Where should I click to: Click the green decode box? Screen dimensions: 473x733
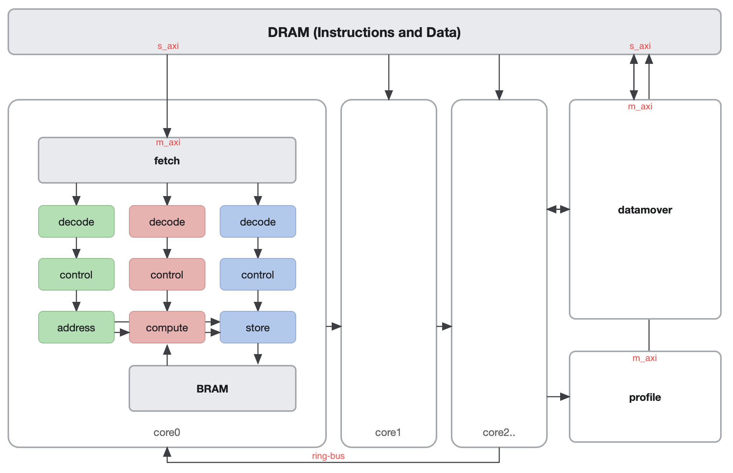coord(76,222)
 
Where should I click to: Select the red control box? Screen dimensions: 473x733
coord(167,275)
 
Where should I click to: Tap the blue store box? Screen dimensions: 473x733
coord(258,328)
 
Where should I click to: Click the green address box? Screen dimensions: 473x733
coord(76,328)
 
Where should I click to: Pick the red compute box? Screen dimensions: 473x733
coord(167,328)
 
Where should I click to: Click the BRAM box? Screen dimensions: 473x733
coord(212,389)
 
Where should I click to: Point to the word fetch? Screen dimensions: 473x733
coord(167,161)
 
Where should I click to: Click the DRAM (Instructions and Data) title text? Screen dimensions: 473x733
coord(364,32)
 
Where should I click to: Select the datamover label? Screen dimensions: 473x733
coord(645,210)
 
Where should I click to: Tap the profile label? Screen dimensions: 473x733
coord(645,397)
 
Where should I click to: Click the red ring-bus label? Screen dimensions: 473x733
coord(328,456)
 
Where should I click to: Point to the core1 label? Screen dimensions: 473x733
coord(388,433)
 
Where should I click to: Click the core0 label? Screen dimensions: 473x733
coord(167,433)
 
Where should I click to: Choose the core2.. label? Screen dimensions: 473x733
coord(499,433)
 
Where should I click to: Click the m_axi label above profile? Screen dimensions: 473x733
coord(644,358)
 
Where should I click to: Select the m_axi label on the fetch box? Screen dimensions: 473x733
coord(168,142)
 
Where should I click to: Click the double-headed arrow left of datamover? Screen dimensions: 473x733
coord(558,209)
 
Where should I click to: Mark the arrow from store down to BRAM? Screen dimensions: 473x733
coord(258,354)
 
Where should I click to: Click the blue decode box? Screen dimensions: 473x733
coord(258,222)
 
